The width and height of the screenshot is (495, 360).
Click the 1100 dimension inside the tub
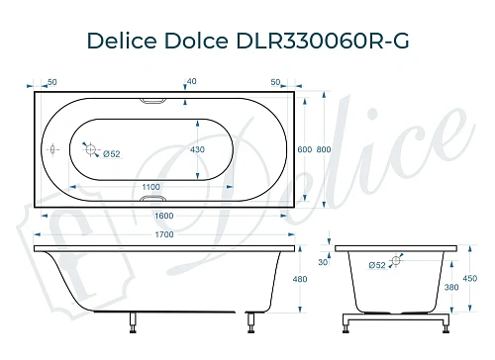point(150,186)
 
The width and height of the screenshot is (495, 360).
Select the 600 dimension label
point(304,148)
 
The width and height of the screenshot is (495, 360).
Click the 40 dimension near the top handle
point(191,82)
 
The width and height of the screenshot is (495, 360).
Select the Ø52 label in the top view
point(112,153)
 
